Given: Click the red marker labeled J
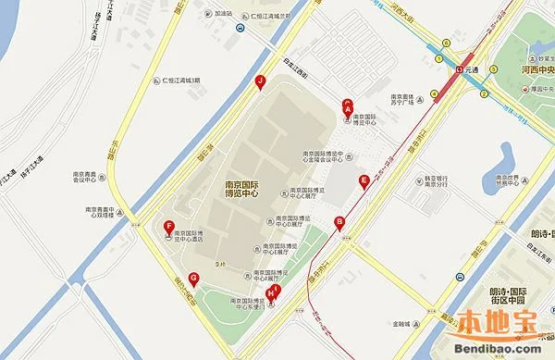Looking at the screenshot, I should [x=261, y=82].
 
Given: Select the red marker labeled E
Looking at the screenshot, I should [x=364, y=180].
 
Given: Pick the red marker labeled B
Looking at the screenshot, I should [x=340, y=221].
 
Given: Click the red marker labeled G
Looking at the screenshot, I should [x=193, y=278].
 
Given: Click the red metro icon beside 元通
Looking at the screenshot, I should [x=459, y=69].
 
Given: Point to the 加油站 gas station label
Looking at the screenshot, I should [x=223, y=14].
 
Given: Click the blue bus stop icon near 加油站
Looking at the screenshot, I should [x=240, y=29].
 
